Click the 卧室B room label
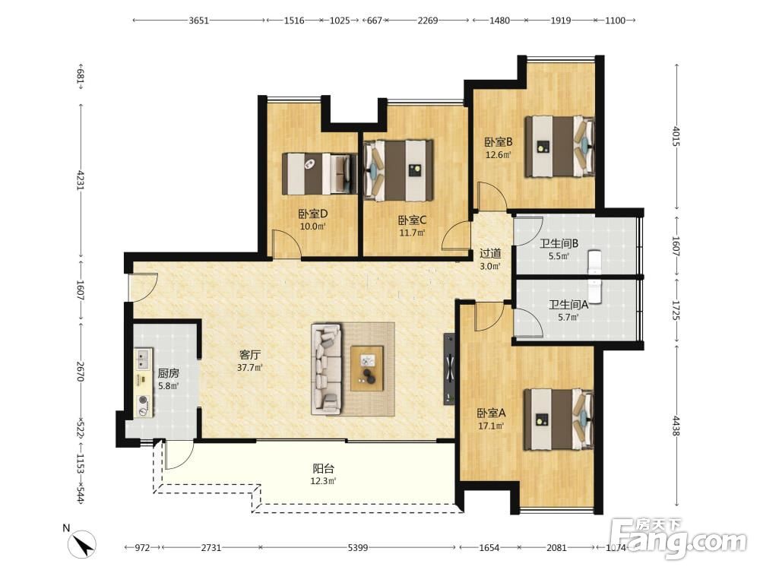click(499, 142)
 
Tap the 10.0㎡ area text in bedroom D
click(312, 226)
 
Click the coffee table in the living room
click(367, 368)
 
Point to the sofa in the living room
click(326, 369)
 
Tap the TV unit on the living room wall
click(449, 369)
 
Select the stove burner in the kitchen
click(143, 401)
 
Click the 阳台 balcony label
click(323, 469)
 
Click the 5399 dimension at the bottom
click(358, 548)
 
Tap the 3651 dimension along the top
click(198, 21)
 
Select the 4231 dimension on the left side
click(80, 179)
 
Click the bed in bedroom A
click(559, 420)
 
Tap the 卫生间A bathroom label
click(568, 305)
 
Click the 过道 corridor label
click(490, 254)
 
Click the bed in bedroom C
click(398, 170)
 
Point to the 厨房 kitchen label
click(168, 373)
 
